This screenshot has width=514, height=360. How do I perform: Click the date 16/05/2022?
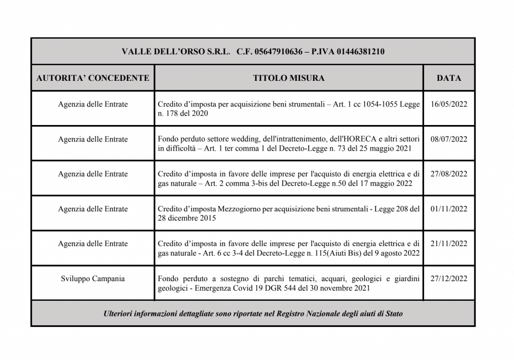click(449, 104)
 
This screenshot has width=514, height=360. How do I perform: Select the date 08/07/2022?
click(449, 139)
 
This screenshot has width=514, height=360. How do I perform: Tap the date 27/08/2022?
click(449, 174)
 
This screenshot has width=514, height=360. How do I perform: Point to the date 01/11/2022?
click(449, 209)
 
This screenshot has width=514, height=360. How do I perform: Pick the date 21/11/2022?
click(449, 244)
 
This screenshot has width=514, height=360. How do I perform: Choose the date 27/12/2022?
click(449, 279)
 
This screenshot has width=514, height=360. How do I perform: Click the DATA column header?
click(449, 78)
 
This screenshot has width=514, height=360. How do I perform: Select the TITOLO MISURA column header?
click(289, 78)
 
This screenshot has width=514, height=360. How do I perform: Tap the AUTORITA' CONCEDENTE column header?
click(93, 78)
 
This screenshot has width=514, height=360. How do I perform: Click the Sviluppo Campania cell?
click(93, 279)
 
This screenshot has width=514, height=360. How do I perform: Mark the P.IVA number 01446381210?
click(361, 51)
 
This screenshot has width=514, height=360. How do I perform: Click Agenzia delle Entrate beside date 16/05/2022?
click(93, 104)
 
